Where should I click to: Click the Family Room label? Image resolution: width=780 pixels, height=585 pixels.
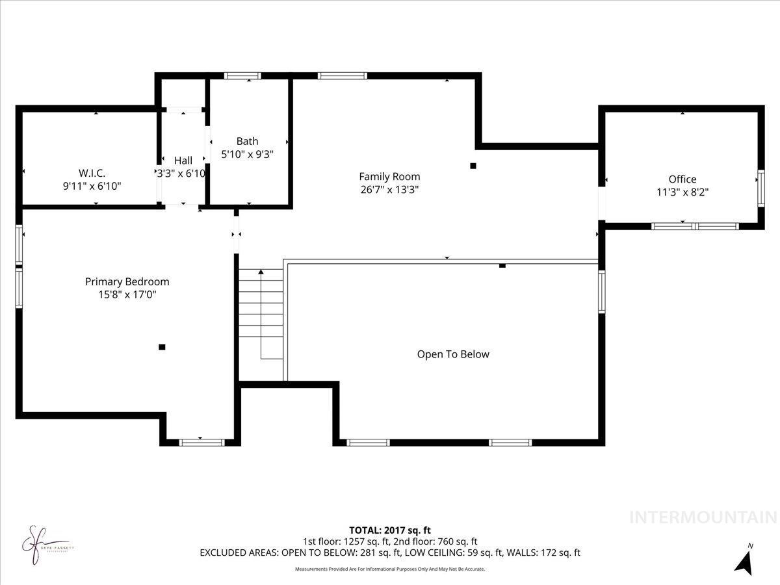pyautogui.click(x=389, y=176)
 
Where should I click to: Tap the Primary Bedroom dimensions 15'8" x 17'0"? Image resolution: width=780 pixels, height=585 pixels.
pyautogui.click(x=127, y=294)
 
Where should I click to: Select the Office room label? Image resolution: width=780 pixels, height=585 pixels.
pyautogui.click(x=682, y=179)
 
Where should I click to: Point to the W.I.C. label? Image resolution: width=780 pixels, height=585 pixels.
pyautogui.click(x=92, y=173)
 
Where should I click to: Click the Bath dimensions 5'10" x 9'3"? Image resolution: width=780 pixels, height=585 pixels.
pyautogui.click(x=247, y=154)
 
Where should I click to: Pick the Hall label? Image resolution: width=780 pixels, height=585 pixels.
pyautogui.click(x=183, y=161)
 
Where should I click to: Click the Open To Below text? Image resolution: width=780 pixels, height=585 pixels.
pyautogui.click(x=452, y=354)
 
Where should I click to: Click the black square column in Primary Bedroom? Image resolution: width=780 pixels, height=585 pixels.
pyautogui.click(x=162, y=347)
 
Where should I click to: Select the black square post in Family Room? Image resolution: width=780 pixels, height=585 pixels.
pyautogui.click(x=473, y=166)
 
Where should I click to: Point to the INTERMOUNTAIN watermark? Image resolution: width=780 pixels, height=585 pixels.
pyautogui.click(x=703, y=517)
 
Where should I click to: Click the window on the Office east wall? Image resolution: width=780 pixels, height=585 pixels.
pyautogui.click(x=760, y=188)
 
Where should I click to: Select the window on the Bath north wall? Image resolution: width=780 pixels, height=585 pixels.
pyautogui.click(x=242, y=76)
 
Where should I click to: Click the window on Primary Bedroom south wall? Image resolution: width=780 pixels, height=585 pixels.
pyautogui.click(x=201, y=442)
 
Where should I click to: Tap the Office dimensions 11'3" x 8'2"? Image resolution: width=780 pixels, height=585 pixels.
pyautogui.click(x=682, y=192)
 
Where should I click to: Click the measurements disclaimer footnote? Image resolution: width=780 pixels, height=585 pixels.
pyautogui.click(x=389, y=569)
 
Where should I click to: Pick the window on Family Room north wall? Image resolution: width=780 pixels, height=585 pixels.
pyautogui.click(x=337, y=76)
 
